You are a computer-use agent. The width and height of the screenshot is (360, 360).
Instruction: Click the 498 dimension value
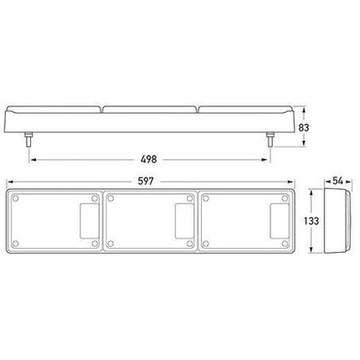point(149,159)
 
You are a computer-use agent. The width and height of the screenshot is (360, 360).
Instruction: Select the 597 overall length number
point(146,182)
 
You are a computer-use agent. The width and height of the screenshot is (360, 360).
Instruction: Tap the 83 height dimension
point(304,127)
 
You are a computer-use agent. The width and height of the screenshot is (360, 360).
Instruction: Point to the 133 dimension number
point(311,221)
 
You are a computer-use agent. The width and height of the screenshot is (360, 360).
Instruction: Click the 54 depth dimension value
point(337,181)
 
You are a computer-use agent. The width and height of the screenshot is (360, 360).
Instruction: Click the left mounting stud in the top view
point(28,140)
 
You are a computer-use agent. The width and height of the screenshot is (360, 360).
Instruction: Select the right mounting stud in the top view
point(270,140)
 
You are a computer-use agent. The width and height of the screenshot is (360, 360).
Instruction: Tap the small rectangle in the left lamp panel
point(90,221)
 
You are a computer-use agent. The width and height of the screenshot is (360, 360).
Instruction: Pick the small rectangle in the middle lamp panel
point(184,221)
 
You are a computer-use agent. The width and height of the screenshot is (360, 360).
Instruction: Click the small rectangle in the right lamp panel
point(280,221)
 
